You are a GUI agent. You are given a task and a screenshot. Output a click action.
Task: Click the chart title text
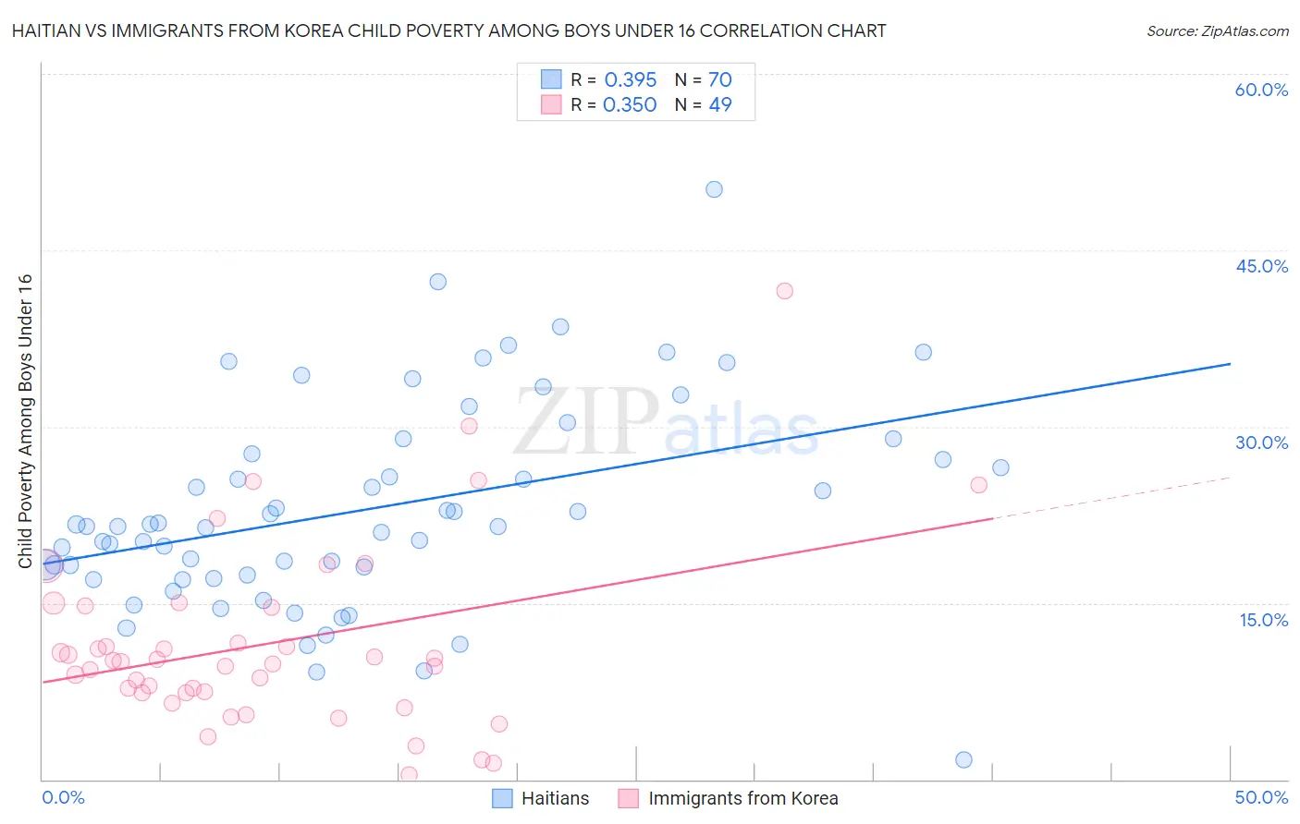[x=448, y=31]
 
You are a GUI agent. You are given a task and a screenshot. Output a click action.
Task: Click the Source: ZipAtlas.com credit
[x=1217, y=31]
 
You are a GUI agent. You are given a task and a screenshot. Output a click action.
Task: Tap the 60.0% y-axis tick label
[x=1261, y=90]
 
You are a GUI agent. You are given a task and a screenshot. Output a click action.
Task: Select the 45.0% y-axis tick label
[x=1261, y=266]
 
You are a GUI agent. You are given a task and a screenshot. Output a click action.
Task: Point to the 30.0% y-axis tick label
[x=1261, y=442]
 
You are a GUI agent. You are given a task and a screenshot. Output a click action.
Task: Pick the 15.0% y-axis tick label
[x=1263, y=620]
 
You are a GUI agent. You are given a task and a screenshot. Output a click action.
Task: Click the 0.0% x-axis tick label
[x=63, y=797]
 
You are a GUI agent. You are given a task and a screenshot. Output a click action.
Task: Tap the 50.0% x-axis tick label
[x=1261, y=797]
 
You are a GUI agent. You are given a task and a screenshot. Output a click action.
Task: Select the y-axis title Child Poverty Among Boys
[x=25, y=421]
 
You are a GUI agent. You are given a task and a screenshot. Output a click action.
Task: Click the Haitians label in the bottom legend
[x=555, y=798]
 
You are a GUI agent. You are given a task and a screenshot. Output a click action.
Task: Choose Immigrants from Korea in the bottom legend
[x=742, y=798]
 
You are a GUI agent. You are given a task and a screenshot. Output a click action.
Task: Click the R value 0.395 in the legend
[x=631, y=80]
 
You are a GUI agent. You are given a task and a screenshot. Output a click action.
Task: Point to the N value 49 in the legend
[x=720, y=105]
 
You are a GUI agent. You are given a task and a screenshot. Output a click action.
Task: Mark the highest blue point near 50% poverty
[x=714, y=189]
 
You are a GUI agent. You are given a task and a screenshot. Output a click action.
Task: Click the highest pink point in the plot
[x=784, y=291]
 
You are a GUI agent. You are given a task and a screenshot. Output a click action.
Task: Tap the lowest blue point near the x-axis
[x=963, y=759]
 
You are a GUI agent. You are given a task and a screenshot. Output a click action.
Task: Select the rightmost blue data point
[x=1000, y=467]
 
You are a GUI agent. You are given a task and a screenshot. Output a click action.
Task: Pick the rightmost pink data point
[x=978, y=485]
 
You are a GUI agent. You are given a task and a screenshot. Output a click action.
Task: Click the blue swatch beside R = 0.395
[x=551, y=79]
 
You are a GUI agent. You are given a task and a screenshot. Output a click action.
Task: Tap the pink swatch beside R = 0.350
[x=551, y=104]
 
